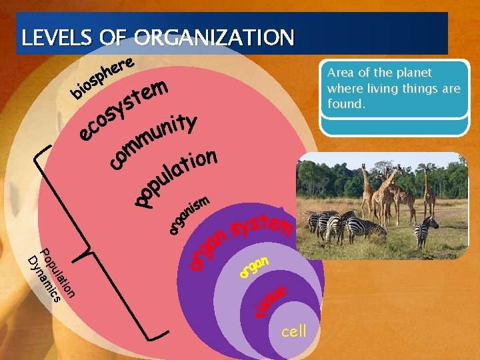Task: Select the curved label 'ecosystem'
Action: [x=123, y=110]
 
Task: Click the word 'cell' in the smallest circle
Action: [x=294, y=331]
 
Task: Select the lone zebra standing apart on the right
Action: [x=425, y=230]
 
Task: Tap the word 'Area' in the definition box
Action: [x=341, y=73]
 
